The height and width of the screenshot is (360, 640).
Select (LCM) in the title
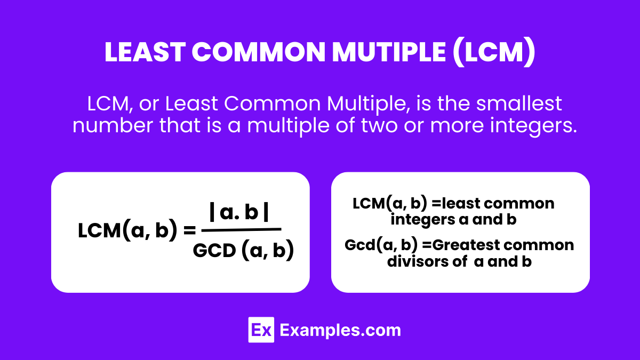493,53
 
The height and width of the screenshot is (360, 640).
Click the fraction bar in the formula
242,229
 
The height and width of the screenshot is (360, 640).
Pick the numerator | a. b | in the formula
239,213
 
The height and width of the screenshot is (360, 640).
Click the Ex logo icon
261,330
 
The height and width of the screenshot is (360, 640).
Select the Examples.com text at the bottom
340,330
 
